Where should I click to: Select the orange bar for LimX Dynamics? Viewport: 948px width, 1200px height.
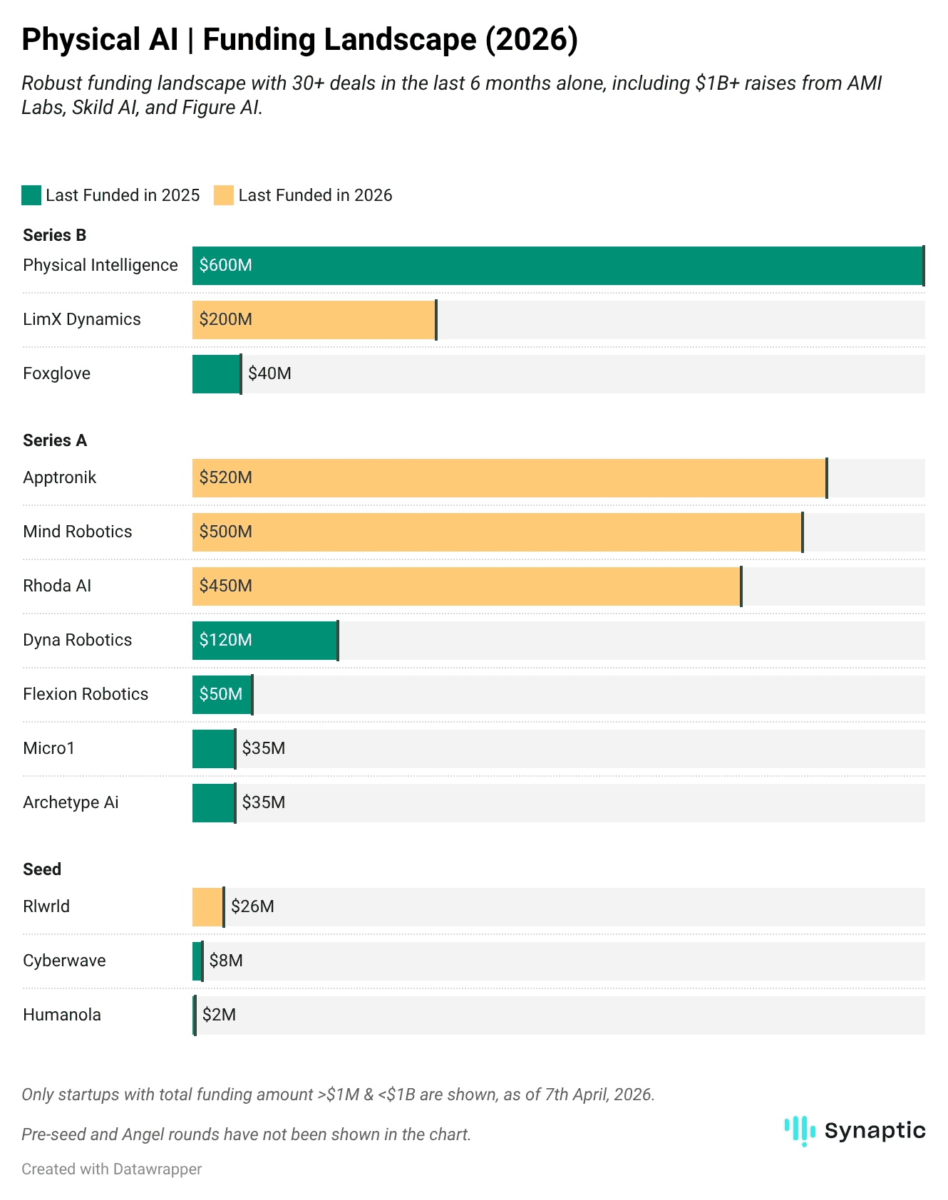pyautogui.click(x=314, y=320)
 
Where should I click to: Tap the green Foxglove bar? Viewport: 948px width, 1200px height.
pyautogui.click(x=216, y=374)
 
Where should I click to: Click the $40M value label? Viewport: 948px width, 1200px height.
pyautogui.click(x=269, y=373)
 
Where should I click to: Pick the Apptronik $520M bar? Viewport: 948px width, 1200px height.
pyautogui.click(x=509, y=478)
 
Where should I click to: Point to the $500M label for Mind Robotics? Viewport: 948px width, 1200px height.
pyautogui.click(x=226, y=532)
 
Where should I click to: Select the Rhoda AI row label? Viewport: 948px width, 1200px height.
pyautogui.click(x=57, y=586)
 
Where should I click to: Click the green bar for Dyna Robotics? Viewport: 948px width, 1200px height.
pyautogui.click(x=265, y=641)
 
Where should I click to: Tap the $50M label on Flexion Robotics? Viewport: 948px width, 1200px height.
pyautogui.click(x=221, y=694)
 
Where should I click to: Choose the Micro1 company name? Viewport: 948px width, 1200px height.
pyautogui.click(x=48, y=748)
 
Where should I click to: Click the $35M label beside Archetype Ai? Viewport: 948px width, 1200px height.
pyautogui.click(x=264, y=802)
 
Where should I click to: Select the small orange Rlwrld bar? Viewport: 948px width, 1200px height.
pyautogui.click(x=207, y=907)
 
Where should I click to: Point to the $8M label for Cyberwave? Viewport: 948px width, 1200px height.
pyautogui.click(x=226, y=961)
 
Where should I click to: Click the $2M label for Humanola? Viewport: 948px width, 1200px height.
pyautogui.click(x=219, y=1015)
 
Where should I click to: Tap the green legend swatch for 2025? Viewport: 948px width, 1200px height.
pyautogui.click(x=31, y=195)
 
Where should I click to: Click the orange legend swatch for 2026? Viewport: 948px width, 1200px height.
pyautogui.click(x=224, y=195)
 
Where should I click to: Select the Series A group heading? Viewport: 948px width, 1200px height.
pyautogui.click(x=55, y=440)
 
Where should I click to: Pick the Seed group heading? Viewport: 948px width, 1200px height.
pyautogui.click(x=42, y=869)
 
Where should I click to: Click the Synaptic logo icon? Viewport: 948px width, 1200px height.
pyautogui.click(x=800, y=1131)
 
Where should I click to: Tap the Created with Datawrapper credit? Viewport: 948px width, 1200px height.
pyautogui.click(x=112, y=1169)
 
